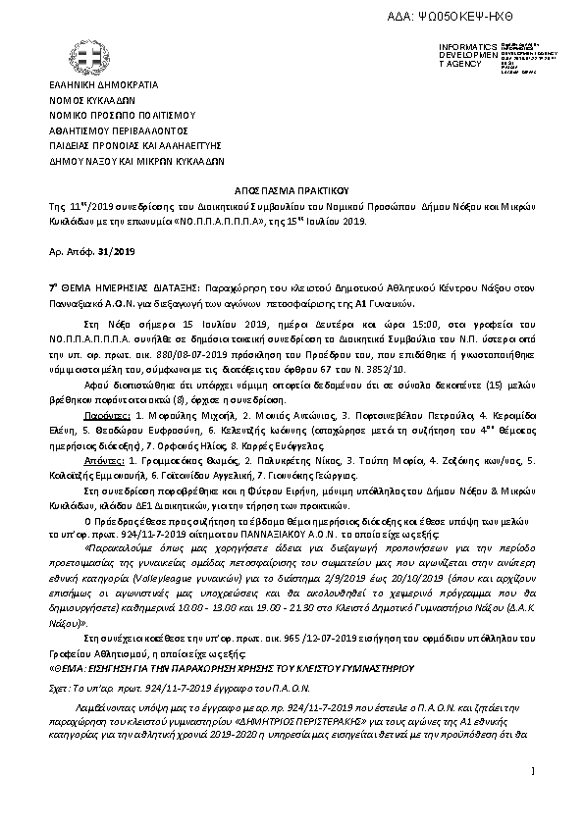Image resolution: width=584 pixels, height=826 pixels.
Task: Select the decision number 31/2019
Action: point(116,252)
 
